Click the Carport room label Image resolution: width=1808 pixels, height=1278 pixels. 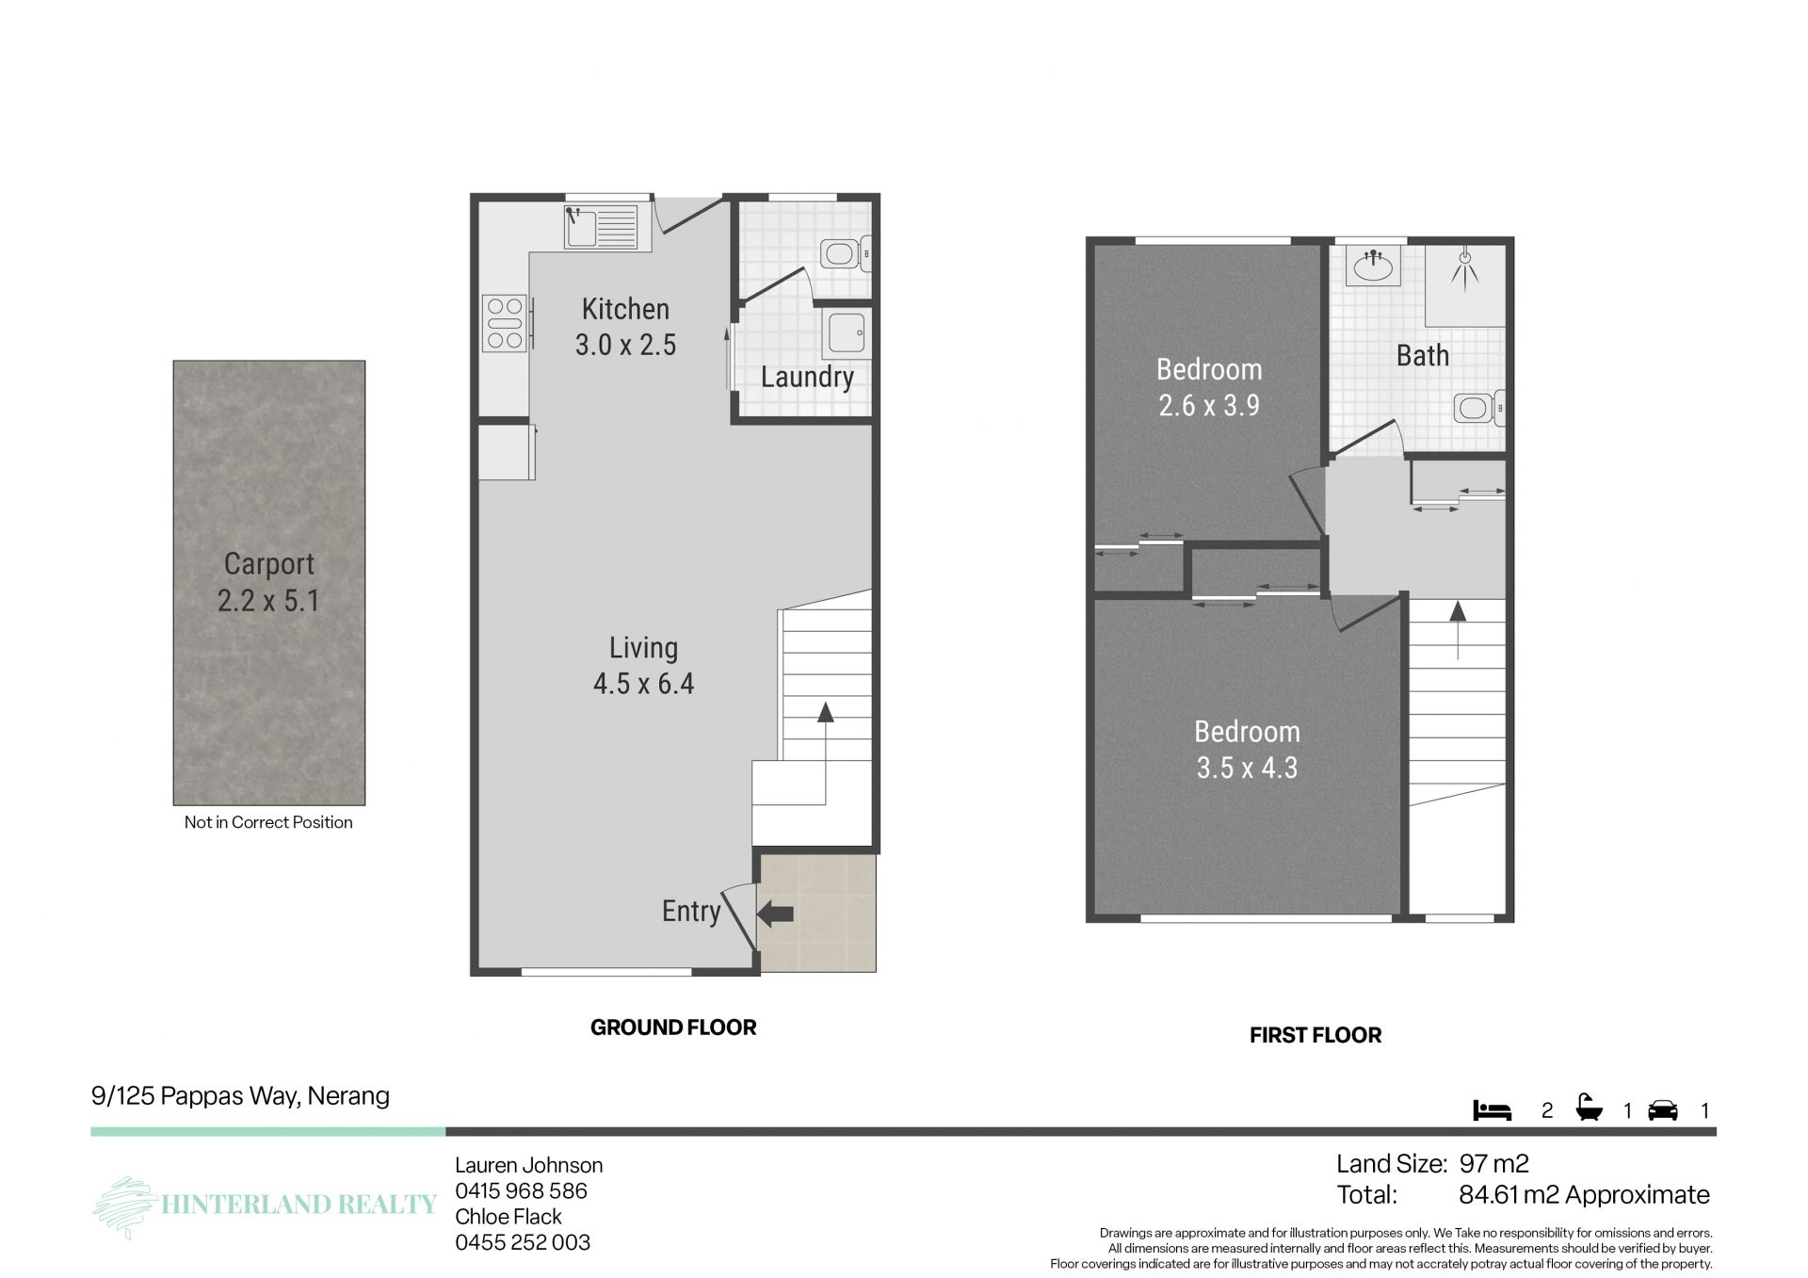[269, 564]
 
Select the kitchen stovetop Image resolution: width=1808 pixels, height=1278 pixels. [504, 323]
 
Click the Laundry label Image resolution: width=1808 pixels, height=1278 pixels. [807, 377]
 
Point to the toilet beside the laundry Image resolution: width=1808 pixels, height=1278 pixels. [845, 253]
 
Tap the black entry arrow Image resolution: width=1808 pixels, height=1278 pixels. [776, 913]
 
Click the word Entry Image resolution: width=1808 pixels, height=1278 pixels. [691, 911]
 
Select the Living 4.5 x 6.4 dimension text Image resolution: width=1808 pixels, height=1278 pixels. [644, 684]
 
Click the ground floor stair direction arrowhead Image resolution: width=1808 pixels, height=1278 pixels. [826, 712]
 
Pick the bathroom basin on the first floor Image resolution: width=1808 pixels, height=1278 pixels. [1373, 266]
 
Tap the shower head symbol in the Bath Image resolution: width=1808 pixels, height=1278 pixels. [1464, 268]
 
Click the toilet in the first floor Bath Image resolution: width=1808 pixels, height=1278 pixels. [1478, 408]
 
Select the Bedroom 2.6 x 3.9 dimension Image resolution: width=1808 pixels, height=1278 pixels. [1209, 406]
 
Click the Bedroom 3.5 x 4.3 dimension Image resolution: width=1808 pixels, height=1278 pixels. [1247, 768]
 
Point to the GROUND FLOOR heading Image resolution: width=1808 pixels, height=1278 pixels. [673, 1027]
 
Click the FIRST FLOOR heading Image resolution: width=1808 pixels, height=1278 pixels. [1316, 1035]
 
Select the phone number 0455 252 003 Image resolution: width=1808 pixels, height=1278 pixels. [523, 1242]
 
